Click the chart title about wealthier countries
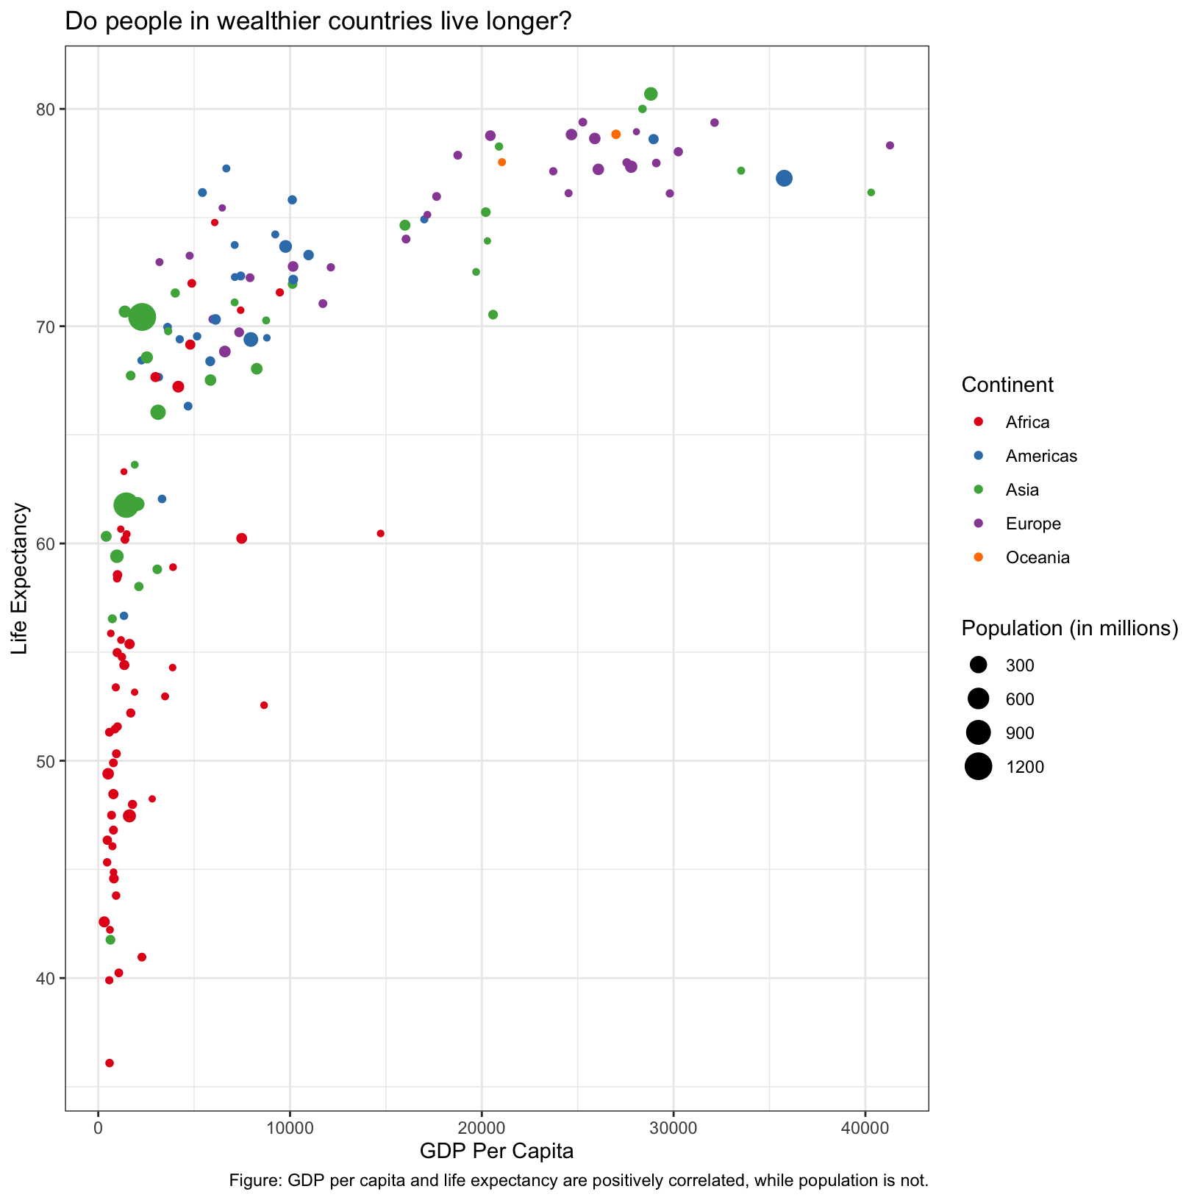(x=318, y=21)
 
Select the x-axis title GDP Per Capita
(x=496, y=1151)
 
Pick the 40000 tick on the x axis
(x=865, y=1129)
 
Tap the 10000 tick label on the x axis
(x=290, y=1129)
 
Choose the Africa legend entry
(x=1027, y=422)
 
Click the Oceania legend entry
(x=1037, y=557)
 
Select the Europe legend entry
(x=1033, y=524)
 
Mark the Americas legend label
(x=1041, y=456)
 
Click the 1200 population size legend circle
(x=978, y=767)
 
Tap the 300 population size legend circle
(x=978, y=665)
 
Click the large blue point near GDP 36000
(x=784, y=178)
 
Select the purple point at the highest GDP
(x=890, y=146)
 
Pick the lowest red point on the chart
(x=110, y=1062)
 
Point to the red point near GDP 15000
(x=380, y=533)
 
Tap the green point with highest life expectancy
(x=651, y=94)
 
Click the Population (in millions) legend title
(x=1070, y=628)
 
